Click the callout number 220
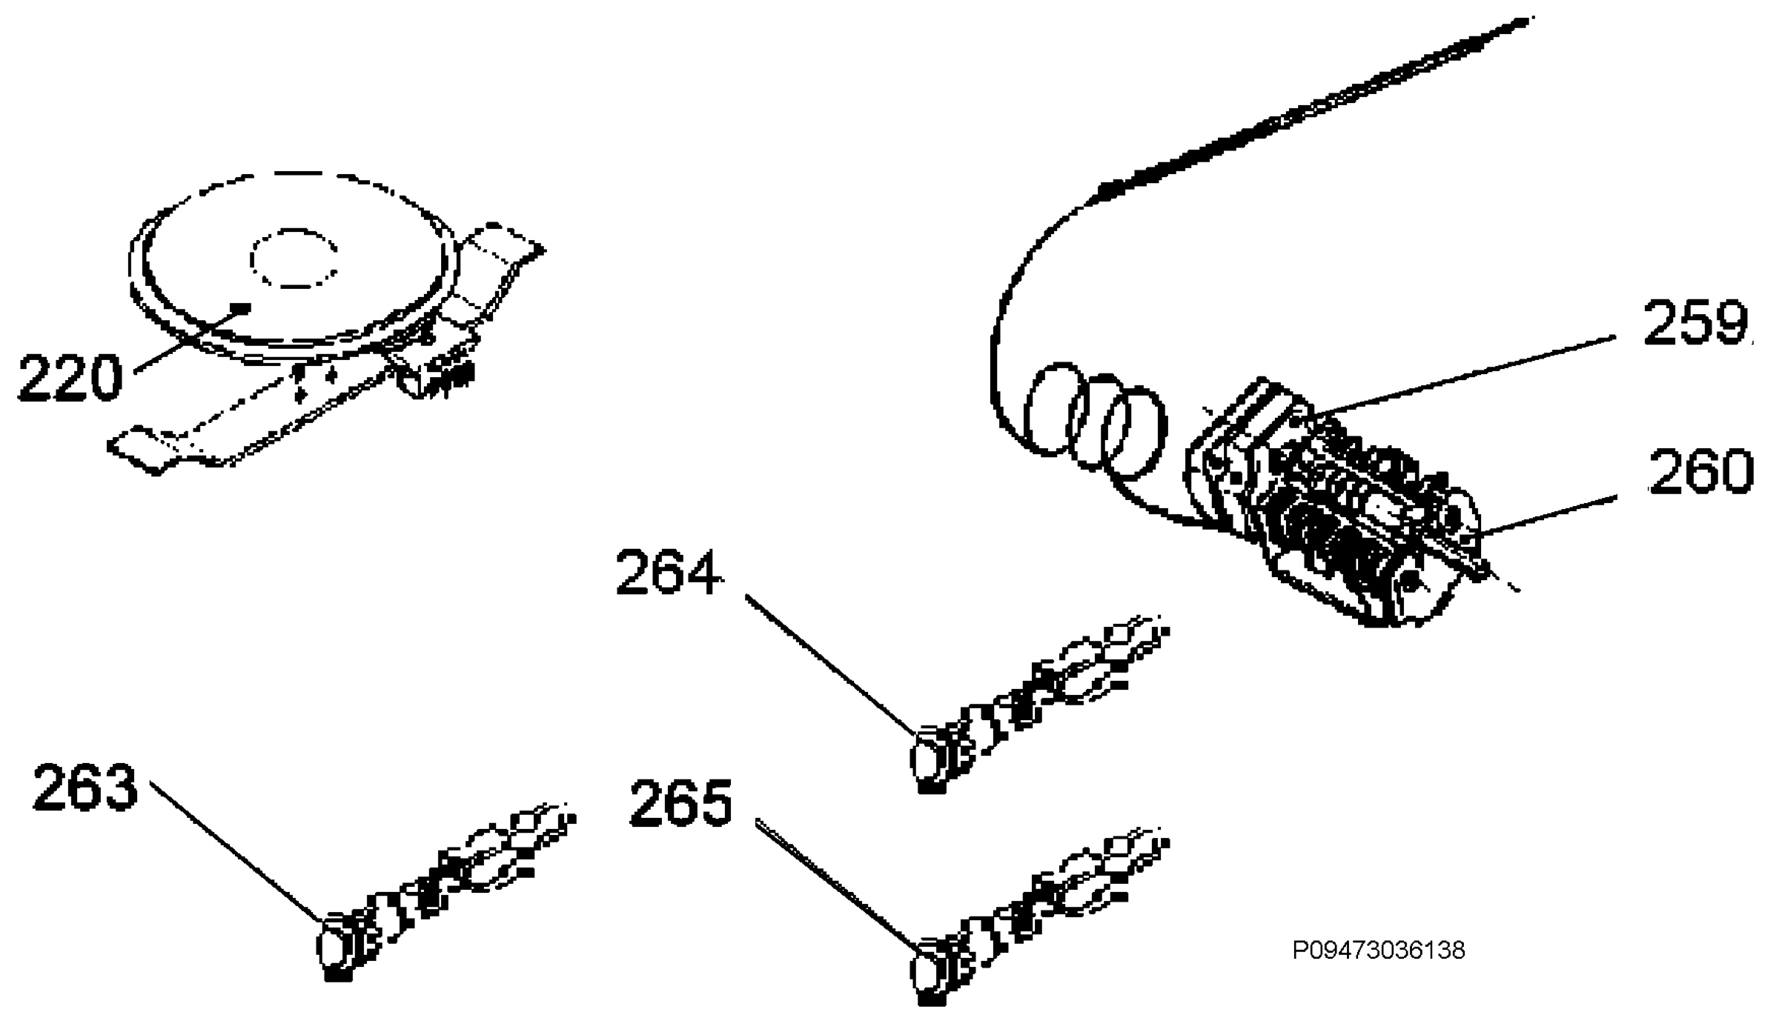coord(70,379)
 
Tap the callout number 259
coord(1696,323)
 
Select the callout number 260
coord(1701,472)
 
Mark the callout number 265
coord(681,803)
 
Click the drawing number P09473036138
coord(1379,951)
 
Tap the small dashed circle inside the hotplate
coord(295,258)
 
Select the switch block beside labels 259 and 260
coord(1334,504)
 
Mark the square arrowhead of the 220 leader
coord(242,307)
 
